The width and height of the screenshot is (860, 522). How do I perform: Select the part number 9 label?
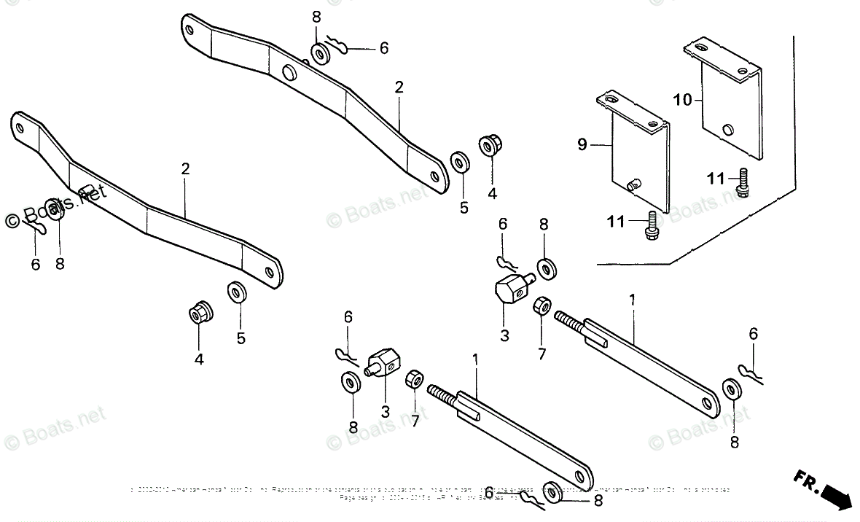point(582,144)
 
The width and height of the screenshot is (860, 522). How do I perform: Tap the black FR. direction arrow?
point(835,499)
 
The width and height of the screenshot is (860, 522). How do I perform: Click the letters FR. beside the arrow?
point(805,480)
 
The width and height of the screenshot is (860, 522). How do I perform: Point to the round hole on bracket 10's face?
point(726,130)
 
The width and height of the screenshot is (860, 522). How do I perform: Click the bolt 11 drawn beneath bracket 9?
point(651,225)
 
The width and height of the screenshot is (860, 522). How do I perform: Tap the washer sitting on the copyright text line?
point(552,491)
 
